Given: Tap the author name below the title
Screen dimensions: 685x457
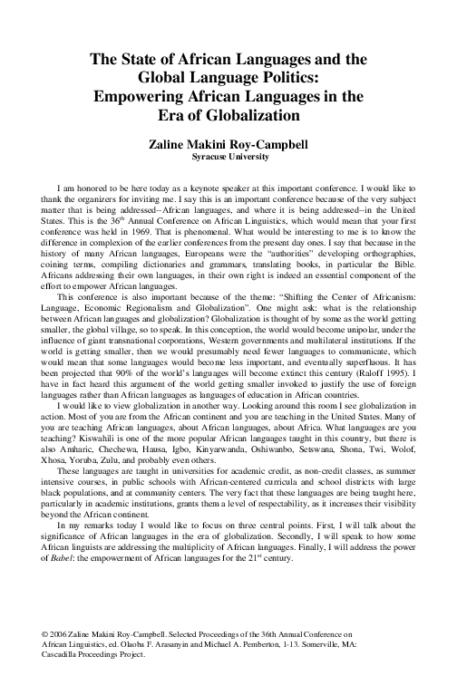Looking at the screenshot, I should click(x=227, y=143).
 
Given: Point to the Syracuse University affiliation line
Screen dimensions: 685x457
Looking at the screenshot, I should click(x=227, y=156).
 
